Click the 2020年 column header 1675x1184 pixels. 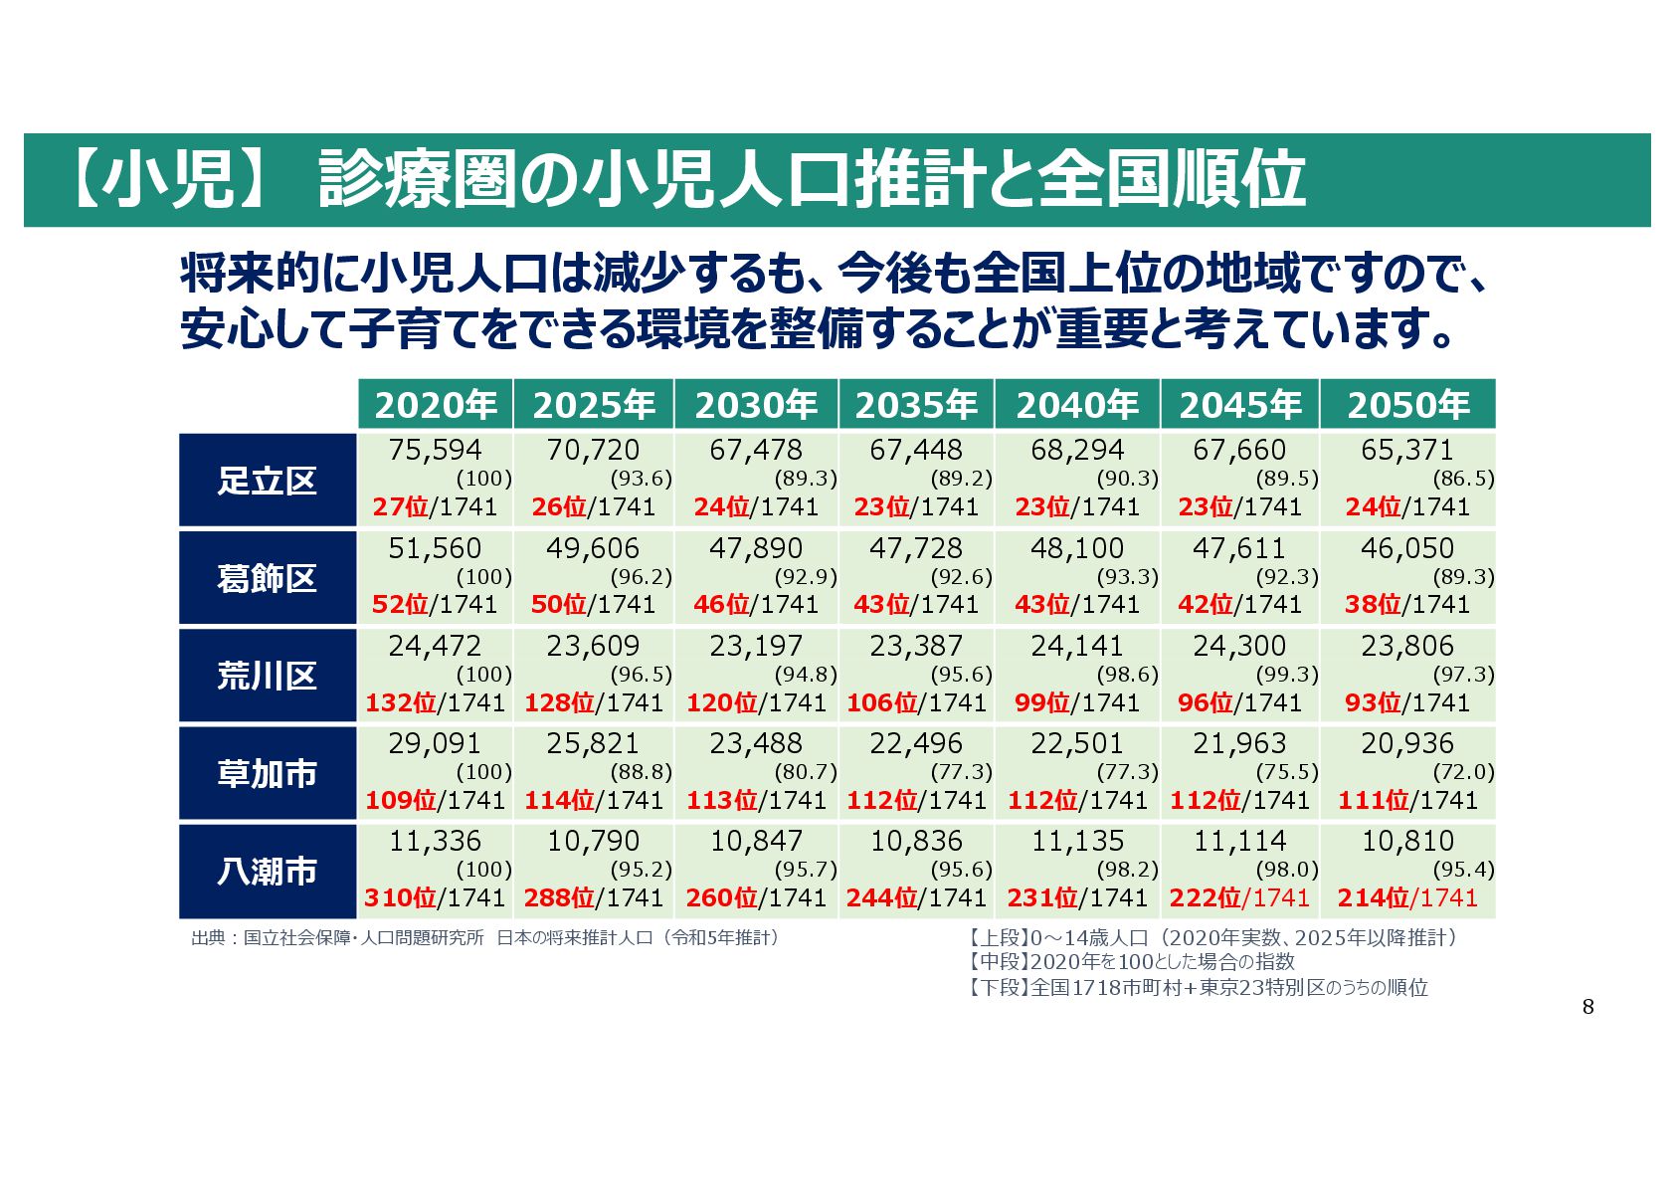tap(436, 405)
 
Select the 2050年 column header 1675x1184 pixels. tap(1407, 405)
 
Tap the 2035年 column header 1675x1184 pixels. tap(916, 405)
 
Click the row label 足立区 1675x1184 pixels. tap(267, 481)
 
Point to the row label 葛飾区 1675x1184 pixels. tap(267, 578)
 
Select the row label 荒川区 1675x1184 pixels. tap(267, 676)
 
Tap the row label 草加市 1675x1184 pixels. tap(267, 773)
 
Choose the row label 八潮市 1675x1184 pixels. tap(267, 871)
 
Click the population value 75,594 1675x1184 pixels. tap(435, 450)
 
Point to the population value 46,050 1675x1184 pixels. tap(1406, 548)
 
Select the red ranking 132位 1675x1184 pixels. tap(401, 702)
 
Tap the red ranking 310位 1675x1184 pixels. tap(400, 897)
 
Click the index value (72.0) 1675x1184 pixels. tap(1463, 772)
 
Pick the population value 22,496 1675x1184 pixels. tap(916, 743)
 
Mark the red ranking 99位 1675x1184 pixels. tap(1041, 702)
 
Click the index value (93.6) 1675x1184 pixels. tap(641, 479)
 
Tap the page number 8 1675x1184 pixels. tap(1587, 1007)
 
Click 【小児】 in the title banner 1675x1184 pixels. tap(170, 180)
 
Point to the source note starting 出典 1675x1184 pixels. tap(484, 937)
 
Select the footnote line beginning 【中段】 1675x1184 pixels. tap(1131, 962)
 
